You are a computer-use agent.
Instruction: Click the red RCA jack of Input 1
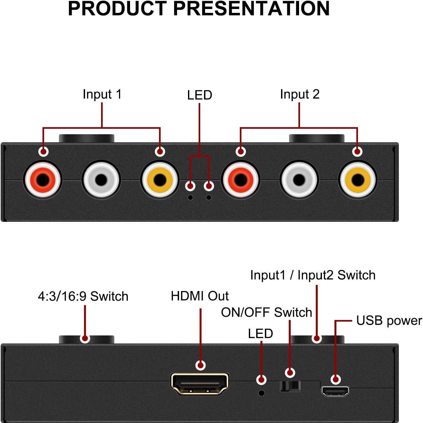pos(42,180)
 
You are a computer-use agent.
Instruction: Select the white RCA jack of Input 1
pos(101,180)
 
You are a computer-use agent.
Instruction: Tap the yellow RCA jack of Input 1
pos(159,180)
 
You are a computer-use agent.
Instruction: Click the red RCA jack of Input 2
pos(240,180)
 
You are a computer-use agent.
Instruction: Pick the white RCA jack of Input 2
pos(299,180)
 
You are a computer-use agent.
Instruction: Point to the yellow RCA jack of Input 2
pos(357,180)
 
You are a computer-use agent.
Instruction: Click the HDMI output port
pos(200,384)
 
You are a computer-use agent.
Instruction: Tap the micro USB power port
pos(335,391)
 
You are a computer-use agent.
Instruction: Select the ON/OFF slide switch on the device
pos(290,386)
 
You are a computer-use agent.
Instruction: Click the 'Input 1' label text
pos(102,94)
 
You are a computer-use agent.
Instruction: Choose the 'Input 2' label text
pos(300,94)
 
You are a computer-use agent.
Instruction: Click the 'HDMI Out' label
pos(200,296)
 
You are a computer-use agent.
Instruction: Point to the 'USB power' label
pos(389,321)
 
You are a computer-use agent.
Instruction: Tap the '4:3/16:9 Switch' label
pos(83,296)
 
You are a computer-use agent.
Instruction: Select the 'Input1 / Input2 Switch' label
pos(313,275)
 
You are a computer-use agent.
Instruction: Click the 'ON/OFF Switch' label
pos(267,312)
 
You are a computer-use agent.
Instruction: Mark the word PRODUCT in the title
pos(118,9)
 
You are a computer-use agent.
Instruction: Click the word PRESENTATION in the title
pos(251,9)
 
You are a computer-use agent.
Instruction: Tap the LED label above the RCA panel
pos(200,95)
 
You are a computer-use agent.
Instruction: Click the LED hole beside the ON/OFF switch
pos(262,393)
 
